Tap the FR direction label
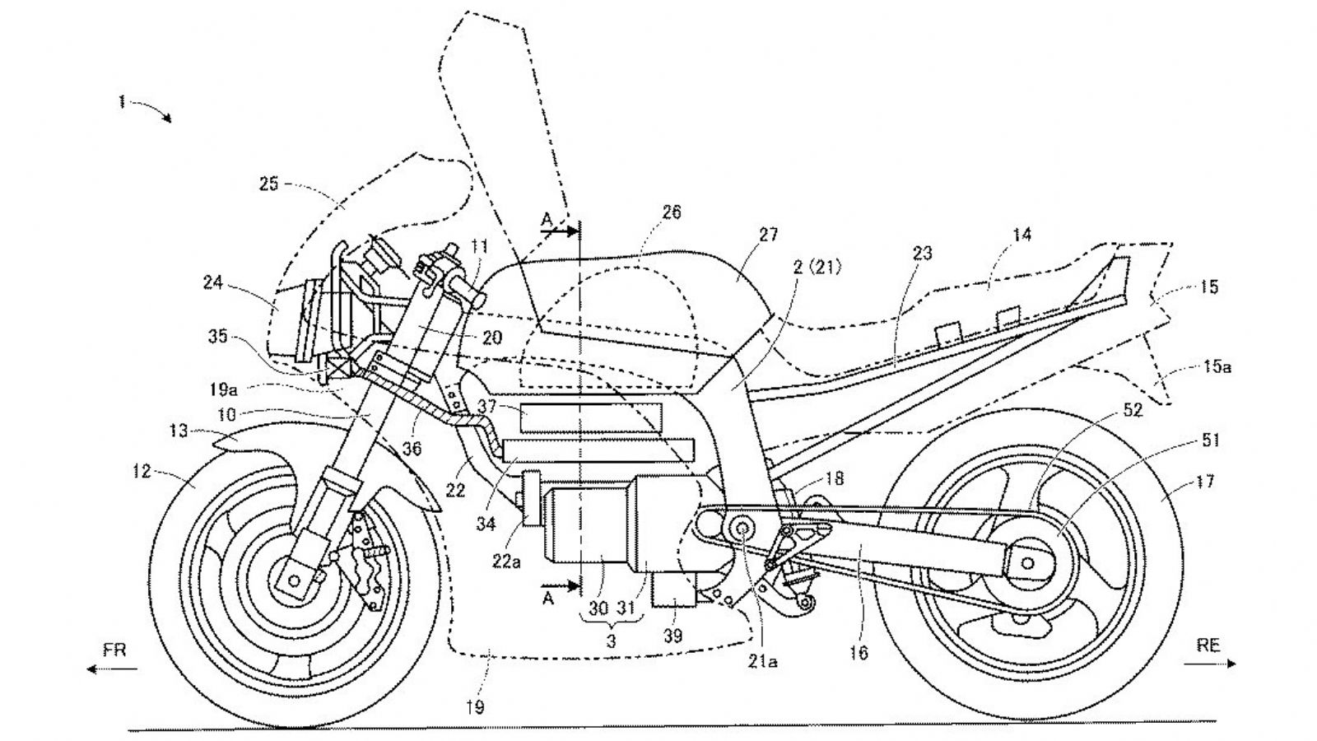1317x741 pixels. [x=114, y=650]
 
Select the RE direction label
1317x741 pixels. [x=1208, y=645]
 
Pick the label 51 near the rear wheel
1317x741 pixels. [x=1210, y=440]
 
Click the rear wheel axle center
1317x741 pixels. [x=1026, y=562]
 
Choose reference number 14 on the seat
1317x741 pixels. [x=1021, y=235]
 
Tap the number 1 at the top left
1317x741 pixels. [x=122, y=102]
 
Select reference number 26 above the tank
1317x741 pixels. [x=671, y=212]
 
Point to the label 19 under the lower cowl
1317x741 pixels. [x=475, y=706]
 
